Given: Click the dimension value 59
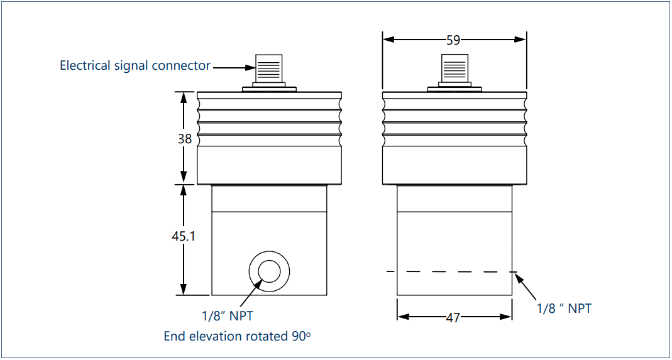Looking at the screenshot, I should [x=453, y=40].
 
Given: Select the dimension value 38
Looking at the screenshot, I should [x=184, y=139].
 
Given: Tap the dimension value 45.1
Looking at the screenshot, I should [x=184, y=237].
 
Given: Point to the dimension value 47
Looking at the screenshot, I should [x=453, y=318].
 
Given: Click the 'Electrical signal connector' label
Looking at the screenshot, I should [x=135, y=65].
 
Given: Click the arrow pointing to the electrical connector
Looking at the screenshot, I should [x=233, y=67].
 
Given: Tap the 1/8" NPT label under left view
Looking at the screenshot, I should [x=228, y=315].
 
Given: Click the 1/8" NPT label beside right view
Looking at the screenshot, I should [x=564, y=308].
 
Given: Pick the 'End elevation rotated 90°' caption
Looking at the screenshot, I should [x=237, y=336].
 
